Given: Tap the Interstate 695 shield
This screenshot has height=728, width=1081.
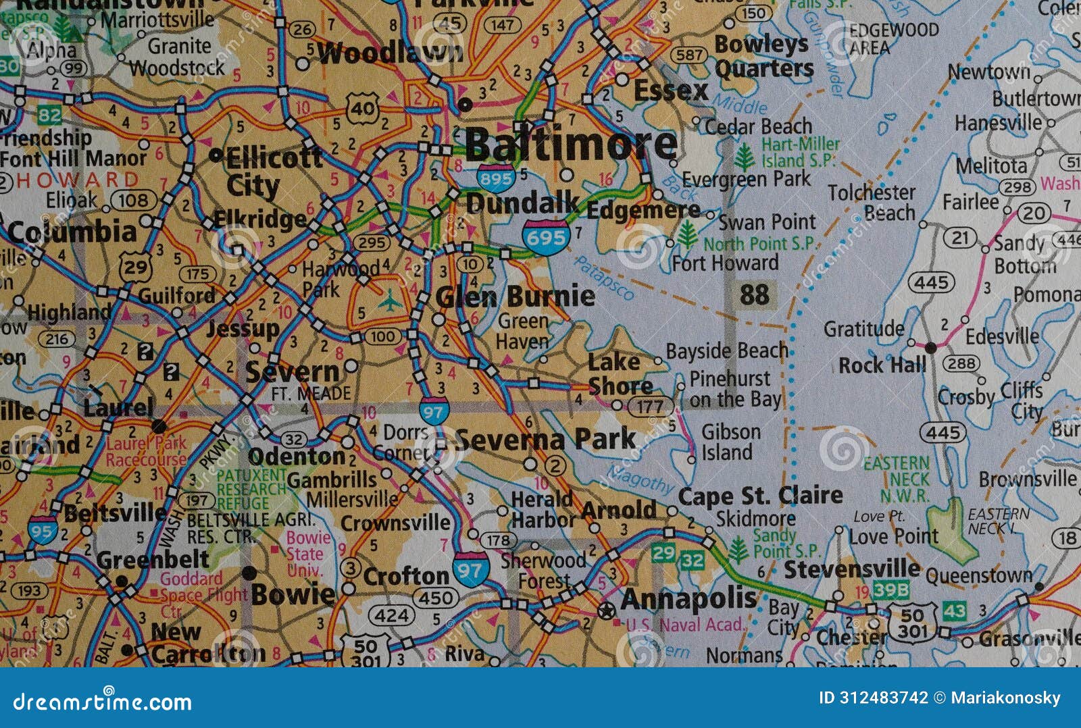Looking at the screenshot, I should tap(545, 236).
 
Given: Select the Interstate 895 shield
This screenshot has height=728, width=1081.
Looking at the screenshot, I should tap(495, 178).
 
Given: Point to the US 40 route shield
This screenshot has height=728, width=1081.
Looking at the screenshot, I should tap(363, 108).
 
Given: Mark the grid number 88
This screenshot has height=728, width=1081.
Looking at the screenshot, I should tap(754, 295).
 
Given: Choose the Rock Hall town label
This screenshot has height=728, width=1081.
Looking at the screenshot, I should tap(882, 365).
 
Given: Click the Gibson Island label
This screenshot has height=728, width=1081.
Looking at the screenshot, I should tap(730, 442).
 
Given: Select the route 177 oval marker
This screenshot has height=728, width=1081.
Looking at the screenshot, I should tap(650, 407).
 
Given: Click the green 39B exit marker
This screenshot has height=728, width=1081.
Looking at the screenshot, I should tap(890, 590).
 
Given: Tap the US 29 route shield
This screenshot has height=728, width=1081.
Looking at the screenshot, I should tap(135, 267).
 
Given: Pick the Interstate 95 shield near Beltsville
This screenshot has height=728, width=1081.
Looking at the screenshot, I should tap(42, 531).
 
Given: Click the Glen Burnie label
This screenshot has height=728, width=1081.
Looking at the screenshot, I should tap(515, 296).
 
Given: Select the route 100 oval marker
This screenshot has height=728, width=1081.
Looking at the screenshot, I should tap(382, 336).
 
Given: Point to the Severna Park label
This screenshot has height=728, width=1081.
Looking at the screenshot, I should tap(545, 440).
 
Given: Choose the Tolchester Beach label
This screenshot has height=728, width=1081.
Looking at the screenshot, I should tap(872, 202).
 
